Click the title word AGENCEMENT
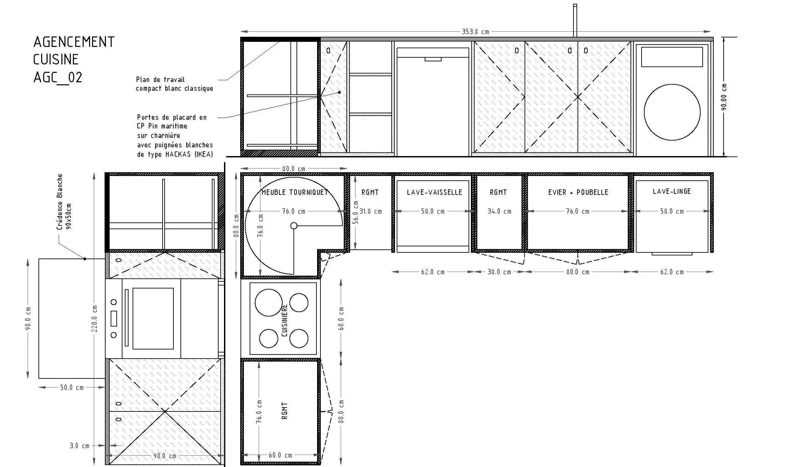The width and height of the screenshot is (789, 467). (74, 42)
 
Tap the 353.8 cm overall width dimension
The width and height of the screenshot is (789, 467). (475, 32)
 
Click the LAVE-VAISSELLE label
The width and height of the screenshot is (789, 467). (434, 192)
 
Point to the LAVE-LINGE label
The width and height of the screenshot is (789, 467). (672, 191)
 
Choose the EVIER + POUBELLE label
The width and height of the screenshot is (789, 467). (578, 192)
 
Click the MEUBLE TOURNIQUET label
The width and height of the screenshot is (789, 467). (295, 192)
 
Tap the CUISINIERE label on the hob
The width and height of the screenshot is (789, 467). (284, 320)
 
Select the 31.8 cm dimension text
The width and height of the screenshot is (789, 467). (370, 212)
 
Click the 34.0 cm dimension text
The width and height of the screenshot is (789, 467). (499, 211)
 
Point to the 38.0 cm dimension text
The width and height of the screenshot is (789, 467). (499, 272)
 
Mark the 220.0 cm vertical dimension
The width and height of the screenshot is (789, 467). (94, 318)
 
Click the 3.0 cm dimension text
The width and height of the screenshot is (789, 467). (80, 446)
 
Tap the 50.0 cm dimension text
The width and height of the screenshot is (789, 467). (72, 387)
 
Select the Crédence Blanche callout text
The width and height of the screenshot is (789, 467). (60, 201)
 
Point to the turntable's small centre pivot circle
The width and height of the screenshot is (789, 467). (294, 226)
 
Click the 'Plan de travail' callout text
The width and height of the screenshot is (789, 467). (161, 80)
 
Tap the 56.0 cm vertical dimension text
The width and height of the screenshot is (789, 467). (355, 212)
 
